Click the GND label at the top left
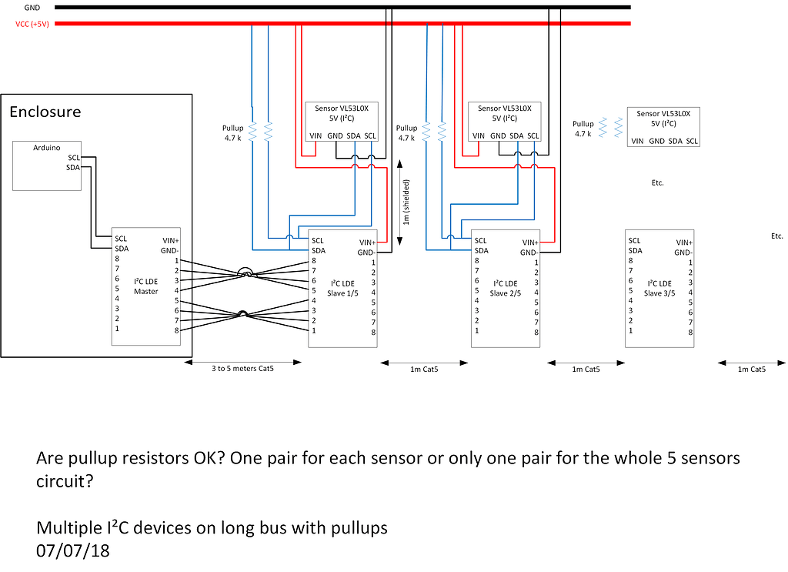[32, 8]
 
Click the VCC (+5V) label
[32, 24]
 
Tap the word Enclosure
[45, 112]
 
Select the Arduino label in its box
[47, 148]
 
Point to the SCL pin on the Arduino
[74, 158]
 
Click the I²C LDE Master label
[145, 286]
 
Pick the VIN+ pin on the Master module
[171, 241]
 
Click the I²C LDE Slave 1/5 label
[342, 289]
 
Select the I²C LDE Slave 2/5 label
[506, 289]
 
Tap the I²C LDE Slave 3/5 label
[659, 289]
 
